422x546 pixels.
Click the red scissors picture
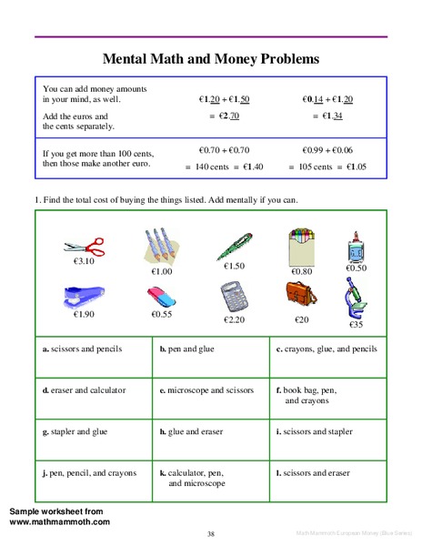[85, 245]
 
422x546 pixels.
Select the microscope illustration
[356, 298]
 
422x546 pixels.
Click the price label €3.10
[85, 261]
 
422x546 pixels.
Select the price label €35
[356, 324]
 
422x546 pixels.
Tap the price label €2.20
[234, 320]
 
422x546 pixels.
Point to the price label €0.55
[162, 315]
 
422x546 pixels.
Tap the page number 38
[211, 534]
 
